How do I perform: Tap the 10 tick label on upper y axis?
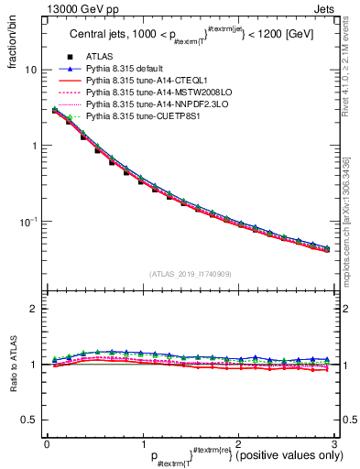coord(31,71)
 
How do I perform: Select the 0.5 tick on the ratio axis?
coord(29,420)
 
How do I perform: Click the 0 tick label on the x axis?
coord(47,445)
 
